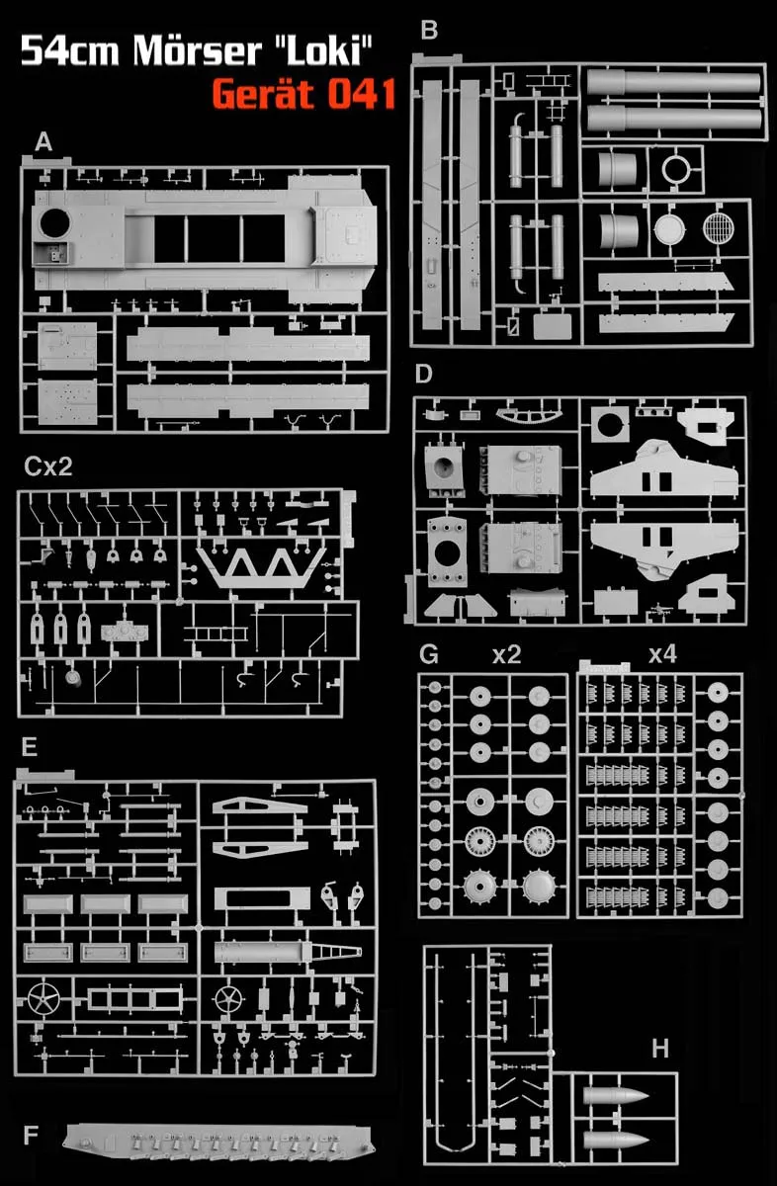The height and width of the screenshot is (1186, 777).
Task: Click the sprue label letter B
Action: (428, 31)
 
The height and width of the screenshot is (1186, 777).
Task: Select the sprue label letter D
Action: (425, 374)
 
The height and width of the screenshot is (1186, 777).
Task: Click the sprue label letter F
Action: (31, 1131)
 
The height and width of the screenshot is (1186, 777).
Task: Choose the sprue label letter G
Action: (429, 654)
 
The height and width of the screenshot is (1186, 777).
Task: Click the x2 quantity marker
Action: (506, 654)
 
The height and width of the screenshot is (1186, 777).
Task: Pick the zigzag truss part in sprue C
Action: (261, 567)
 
